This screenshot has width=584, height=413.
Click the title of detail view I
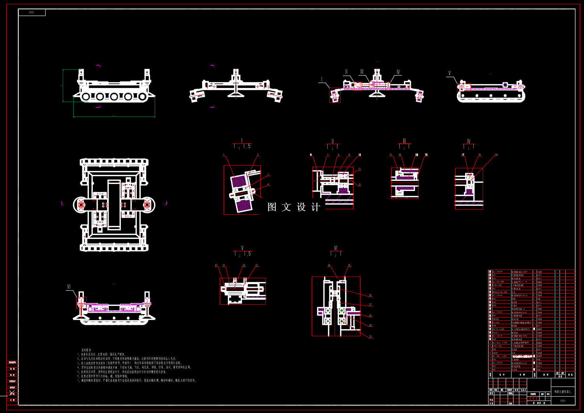click(242, 141)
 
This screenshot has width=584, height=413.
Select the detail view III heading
click(404, 141)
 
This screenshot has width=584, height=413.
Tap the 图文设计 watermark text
click(294, 207)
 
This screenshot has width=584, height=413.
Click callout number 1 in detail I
click(224, 155)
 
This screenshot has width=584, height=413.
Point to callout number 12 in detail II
click(360, 185)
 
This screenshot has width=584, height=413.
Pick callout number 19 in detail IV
click(496, 155)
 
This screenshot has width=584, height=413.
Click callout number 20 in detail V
click(216, 265)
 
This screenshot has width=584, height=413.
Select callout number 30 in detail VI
click(371, 337)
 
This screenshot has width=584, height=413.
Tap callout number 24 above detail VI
click(329, 265)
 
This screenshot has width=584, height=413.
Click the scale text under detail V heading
click(242, 254)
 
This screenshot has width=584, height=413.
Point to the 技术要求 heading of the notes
click(86, 350)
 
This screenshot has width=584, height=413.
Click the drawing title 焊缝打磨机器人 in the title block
click(563, 392)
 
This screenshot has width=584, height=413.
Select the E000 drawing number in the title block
click(563, 401)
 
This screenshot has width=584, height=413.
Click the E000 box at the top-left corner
click(32, 12)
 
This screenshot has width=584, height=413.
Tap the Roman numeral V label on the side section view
click(450, 73)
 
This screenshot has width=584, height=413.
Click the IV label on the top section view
click(398, 72)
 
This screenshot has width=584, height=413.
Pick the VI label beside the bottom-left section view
click(69, 287)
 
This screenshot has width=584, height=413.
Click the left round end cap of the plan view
click(81, 205)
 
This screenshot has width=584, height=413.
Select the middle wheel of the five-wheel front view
click(114, 97)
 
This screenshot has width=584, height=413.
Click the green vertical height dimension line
click(63, 86)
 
